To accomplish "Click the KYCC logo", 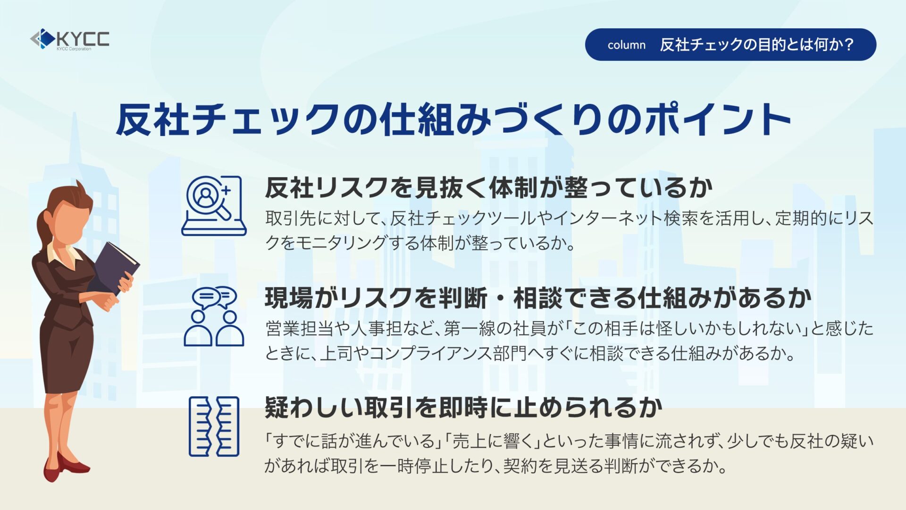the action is (x=70, y=39).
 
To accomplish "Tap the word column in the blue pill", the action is (x=626, y=45).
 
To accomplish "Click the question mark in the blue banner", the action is (x=848, y=44).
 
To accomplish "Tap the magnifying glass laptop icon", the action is (x=214, y=205).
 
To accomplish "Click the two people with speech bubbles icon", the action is (x=214, y=316).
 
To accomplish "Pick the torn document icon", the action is (x=214, y=426).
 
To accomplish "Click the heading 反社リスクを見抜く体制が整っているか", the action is (x=488, y=187).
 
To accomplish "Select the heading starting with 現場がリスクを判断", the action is (x=538, y=297).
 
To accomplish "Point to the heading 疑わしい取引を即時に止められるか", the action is (x=463, y=407).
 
